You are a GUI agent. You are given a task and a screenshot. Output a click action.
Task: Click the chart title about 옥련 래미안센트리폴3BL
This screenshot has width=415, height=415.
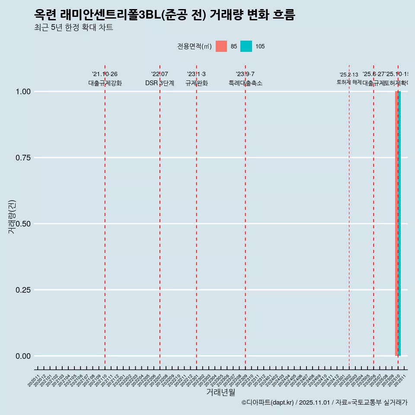tap(164, 15)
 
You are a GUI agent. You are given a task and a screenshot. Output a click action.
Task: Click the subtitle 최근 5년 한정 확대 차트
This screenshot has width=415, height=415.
tap(73, 28)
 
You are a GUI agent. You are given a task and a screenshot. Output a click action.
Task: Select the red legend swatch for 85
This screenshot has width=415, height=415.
tap(221, 46)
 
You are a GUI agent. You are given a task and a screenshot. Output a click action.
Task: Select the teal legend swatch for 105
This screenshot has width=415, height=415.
tap(246, 46)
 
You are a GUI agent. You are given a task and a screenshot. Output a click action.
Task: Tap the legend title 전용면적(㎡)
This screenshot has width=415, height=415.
tap(194, 46)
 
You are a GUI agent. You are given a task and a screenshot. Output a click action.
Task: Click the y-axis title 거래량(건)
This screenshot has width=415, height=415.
tap(12, 217)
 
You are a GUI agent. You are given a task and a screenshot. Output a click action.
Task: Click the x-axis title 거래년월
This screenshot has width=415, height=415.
tap(221, 392)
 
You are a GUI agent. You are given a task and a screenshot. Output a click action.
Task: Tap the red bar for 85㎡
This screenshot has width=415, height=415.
tap(396, 223)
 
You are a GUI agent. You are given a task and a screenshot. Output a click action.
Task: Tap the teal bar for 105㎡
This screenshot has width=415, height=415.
tap(399, 223)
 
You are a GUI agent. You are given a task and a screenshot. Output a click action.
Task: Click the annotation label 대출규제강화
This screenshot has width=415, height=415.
tap(105, 83)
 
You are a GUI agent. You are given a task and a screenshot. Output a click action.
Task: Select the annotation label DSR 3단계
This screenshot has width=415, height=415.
tap(160, 83)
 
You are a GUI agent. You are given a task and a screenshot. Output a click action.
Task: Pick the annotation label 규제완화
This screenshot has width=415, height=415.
tap(197, 83)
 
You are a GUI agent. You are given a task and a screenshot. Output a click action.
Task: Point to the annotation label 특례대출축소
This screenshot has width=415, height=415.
tap(246, 83)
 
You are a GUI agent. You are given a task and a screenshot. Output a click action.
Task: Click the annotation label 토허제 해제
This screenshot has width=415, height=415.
tap(349, 82)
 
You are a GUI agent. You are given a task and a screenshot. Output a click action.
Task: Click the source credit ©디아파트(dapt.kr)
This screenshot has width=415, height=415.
tap(268, 402)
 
